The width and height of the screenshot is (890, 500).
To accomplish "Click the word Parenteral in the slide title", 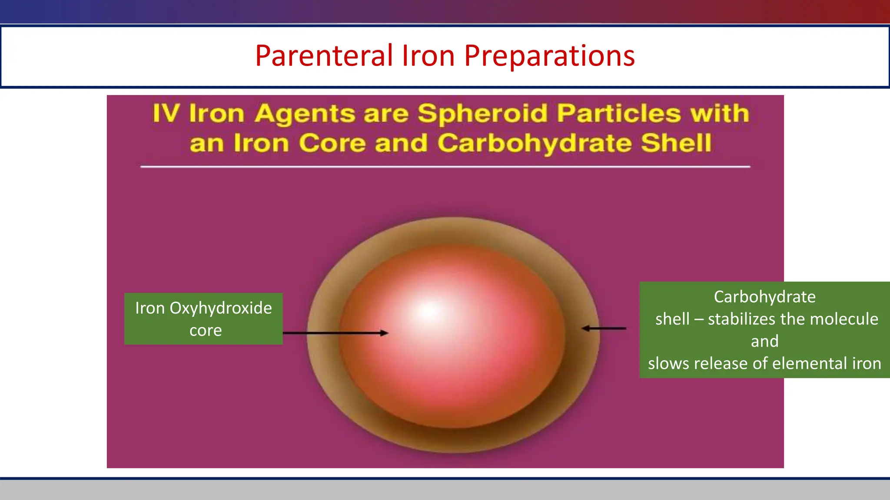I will point(324,56).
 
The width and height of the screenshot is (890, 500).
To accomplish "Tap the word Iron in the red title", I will point(428,56).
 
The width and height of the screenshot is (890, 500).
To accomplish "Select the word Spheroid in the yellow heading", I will point(483,114).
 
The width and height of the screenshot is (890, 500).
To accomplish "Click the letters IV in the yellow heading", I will point(166,114).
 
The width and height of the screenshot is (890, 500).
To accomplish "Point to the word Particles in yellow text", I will point(619,114).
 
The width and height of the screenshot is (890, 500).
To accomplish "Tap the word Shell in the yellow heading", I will point(676,144).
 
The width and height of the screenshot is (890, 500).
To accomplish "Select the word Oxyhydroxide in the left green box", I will point(220,308).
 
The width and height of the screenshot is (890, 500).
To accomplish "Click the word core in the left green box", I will point(206,331).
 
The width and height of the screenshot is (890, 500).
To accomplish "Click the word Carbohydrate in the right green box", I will point(764,297).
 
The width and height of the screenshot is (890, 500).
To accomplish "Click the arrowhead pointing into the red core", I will point(384,333).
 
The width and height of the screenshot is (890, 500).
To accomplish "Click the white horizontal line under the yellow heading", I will point(445,167).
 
